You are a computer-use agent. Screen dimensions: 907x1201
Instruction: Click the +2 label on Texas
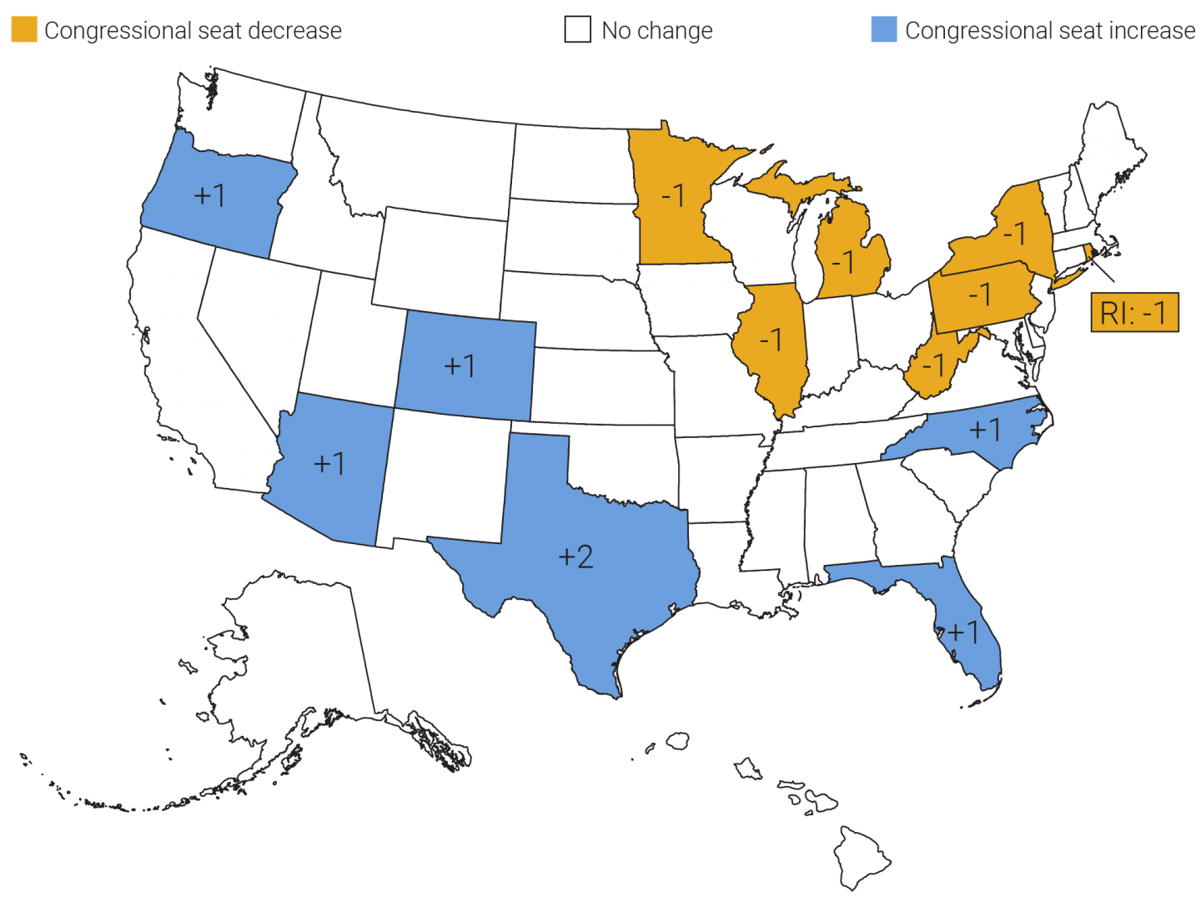575,557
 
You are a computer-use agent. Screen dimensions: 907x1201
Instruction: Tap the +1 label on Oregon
209,195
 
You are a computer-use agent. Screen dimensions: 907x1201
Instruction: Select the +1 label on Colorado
460,365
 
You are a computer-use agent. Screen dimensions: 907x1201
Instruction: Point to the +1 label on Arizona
329,463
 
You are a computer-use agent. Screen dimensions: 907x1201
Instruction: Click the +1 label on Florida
963,632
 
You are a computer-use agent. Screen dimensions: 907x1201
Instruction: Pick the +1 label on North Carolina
985,430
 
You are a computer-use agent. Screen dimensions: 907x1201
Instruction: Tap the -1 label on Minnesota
672,195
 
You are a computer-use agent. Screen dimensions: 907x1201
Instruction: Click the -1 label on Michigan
843,263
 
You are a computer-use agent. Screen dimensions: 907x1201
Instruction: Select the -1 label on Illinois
771,340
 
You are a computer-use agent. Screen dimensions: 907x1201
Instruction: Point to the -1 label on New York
1013,233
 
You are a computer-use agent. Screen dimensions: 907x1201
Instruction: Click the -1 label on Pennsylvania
979,295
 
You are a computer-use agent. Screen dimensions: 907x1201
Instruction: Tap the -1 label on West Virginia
933,365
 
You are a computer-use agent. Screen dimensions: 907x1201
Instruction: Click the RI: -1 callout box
1134,313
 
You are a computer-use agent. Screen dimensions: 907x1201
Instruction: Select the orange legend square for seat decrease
23,30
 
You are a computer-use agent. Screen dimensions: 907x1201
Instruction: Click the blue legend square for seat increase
883,30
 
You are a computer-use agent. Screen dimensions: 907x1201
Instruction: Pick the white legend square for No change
577,30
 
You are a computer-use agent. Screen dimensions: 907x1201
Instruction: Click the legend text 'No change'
657,31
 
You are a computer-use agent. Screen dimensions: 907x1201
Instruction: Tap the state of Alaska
292,659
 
